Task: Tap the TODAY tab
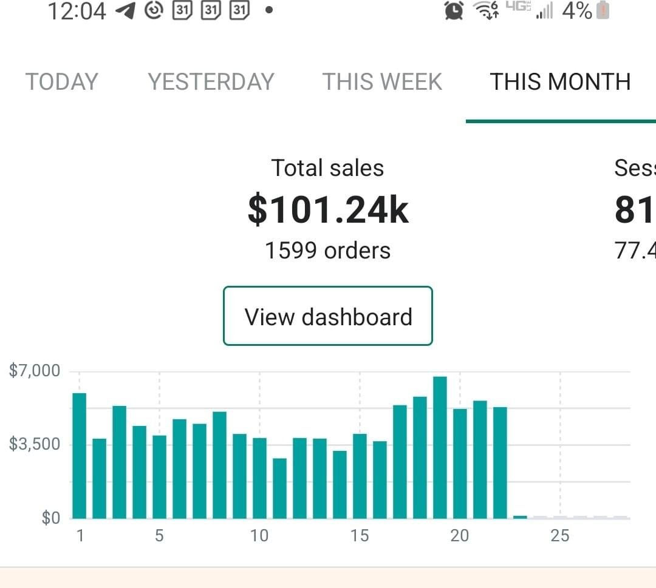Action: pos(61,81)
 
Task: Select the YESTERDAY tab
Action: pos(211,81)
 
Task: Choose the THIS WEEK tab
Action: pos(382,81)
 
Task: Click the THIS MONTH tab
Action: pos(560,81)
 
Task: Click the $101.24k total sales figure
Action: pos(328,210)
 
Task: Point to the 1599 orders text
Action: pos(328,250)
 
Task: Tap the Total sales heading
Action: pos(328,168)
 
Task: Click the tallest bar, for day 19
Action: pos(440,448)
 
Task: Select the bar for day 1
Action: pos(80,456)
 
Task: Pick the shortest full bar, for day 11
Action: pos(279,488)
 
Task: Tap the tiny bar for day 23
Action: pos(520,517)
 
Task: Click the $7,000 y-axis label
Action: pos(35,371)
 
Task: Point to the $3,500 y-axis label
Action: pos(35,444)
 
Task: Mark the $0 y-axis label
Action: pos(50,518)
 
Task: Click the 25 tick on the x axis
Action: pos(560,536)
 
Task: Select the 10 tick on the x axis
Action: pos(259,536)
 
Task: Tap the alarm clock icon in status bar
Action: pos(454,10)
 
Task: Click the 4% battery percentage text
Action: pos(577,10)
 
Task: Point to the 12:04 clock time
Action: pos(77,11)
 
